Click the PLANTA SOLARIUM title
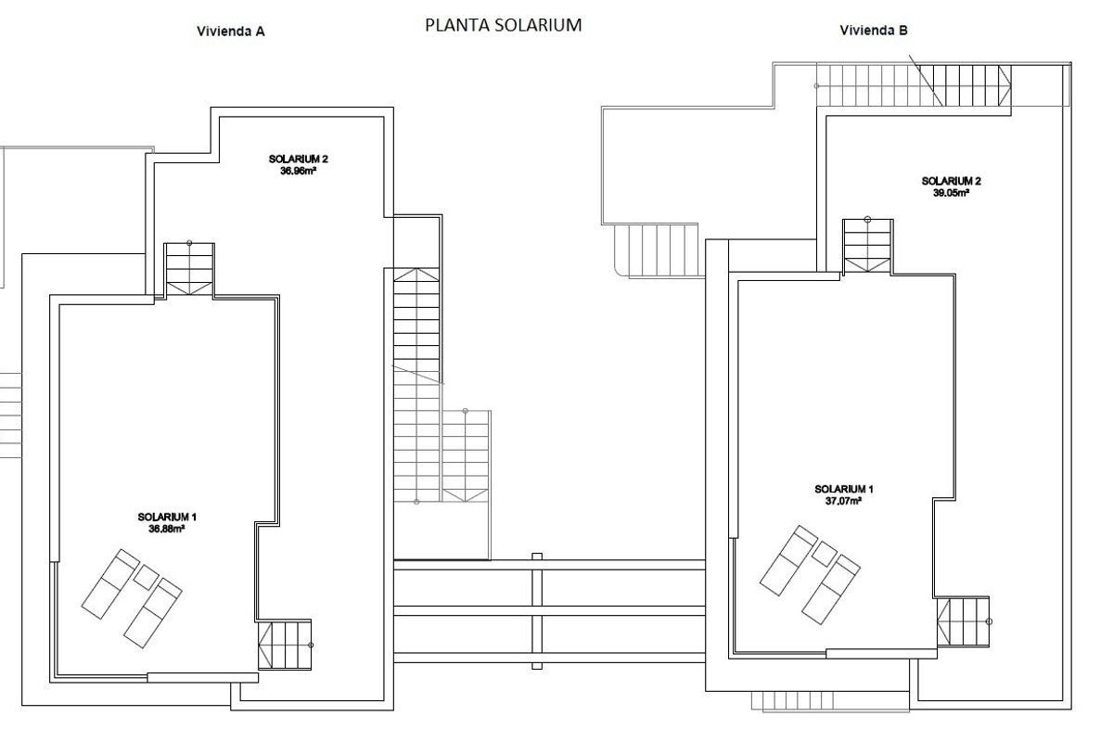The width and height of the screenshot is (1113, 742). coord(503,26)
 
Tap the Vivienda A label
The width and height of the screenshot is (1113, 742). coord(231,31)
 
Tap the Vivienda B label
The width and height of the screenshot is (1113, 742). coord(874,31)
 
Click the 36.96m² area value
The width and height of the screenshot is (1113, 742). coord(298,171)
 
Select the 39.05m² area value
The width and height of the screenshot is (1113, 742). coord(951,193)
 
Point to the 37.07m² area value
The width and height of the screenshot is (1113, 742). coord(843,500)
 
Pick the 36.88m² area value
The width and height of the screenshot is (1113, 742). coord(167,529)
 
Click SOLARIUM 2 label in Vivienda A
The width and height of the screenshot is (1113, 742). coord(298,160)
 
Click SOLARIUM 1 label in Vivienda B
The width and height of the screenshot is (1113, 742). coord(843,489)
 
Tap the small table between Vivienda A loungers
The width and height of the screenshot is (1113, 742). coord(146,578)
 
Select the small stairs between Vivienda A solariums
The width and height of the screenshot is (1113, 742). coord(189,269)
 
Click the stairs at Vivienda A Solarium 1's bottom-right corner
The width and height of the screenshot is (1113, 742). coord(282,645)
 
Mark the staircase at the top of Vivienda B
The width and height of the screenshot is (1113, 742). coord(911,85)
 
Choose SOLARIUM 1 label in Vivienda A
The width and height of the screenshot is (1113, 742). coord(167,517)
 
